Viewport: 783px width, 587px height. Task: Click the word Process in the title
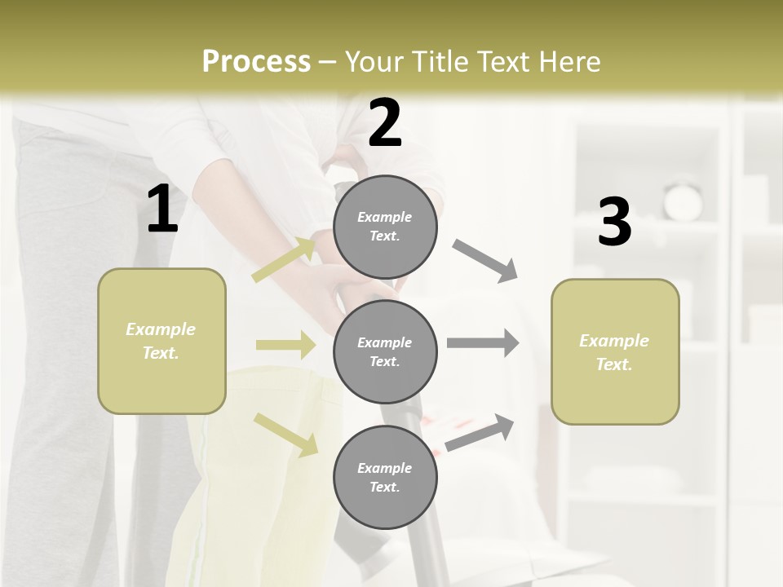256,62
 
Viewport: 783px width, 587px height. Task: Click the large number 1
162,210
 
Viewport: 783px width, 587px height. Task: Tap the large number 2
385,123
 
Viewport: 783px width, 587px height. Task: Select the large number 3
615,223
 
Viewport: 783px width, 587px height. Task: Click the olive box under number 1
161,341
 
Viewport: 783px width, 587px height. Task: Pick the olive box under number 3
615,352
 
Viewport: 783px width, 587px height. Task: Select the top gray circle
385,227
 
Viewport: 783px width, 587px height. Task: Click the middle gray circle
385,351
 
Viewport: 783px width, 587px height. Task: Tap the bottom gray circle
385,477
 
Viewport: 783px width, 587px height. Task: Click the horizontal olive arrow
285,345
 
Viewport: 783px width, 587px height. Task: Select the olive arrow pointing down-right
285,435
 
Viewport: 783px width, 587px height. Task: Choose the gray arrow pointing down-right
484,261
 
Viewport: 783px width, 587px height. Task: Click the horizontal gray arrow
483,343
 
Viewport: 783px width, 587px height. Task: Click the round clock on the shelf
683,201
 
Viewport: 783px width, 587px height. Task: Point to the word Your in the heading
376,62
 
